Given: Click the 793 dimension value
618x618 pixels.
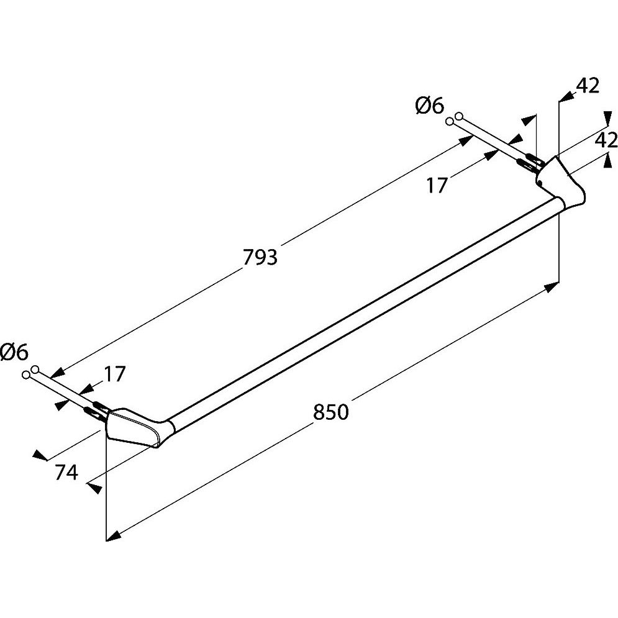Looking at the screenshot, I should coord(260,257).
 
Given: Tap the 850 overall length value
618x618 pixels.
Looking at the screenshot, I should coord(330,412).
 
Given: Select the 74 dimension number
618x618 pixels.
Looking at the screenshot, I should coord(66,473).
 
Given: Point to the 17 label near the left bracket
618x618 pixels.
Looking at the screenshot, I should coord(114,374).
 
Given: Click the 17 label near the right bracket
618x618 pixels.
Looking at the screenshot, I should coord(437,185).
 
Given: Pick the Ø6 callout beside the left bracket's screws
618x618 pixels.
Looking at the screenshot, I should coord(14,352).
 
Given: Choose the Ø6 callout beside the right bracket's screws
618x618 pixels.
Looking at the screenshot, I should coord(429,106).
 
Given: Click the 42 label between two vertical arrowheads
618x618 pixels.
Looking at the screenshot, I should coord(606,140).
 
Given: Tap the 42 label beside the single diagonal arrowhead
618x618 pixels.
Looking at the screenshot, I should coord(587,86).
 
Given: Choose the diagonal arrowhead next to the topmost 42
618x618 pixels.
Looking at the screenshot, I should coord(566,96).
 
